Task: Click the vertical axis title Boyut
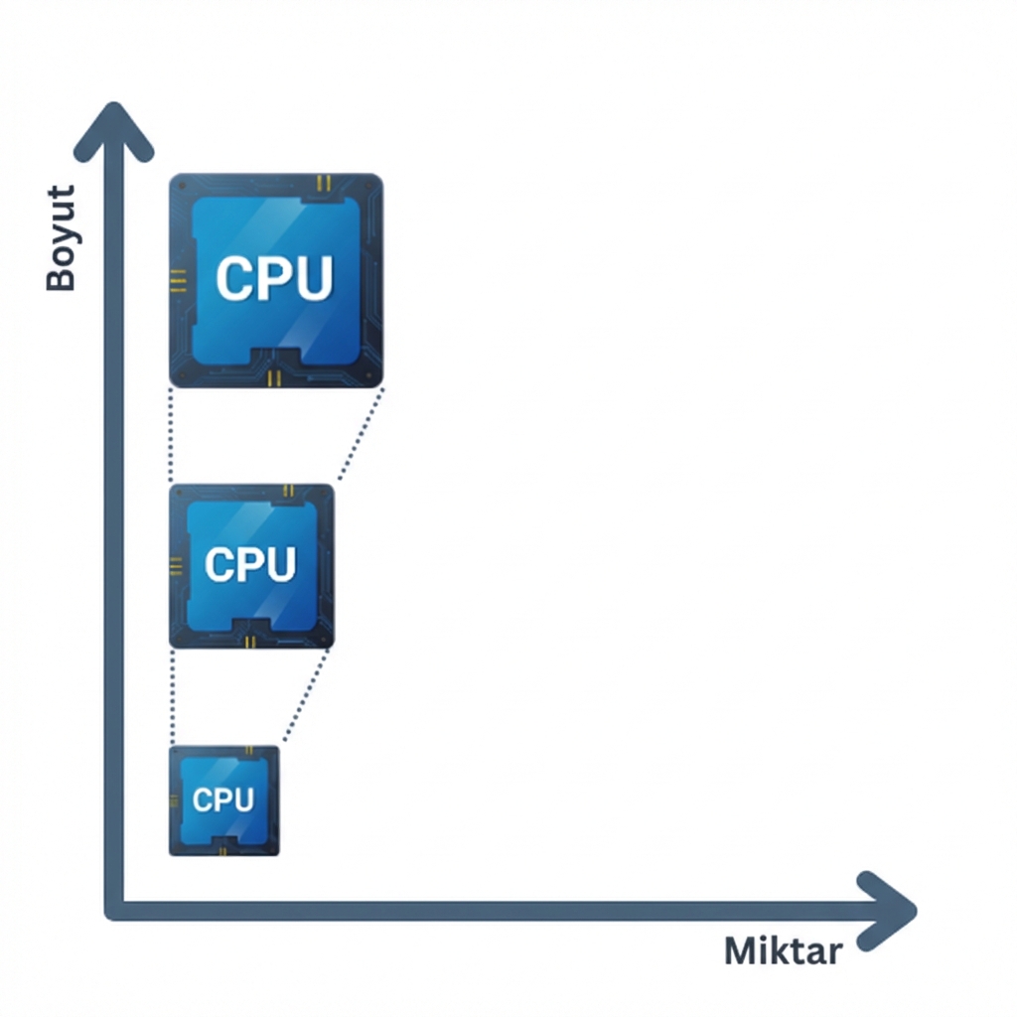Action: click(x=62, y=238)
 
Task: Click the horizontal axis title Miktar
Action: click(x=784, y=950)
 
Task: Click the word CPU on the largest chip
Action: click(x=274, y=279)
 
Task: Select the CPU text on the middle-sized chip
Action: click(x=250, y=564)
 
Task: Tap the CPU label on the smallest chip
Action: click(x=222, y=799)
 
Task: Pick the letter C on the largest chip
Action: click(x=234, y=279)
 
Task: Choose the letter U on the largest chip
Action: click(x=313, y=279)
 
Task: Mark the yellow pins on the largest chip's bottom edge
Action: click(x=275, y=377)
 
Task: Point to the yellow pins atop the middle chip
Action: click(x=288, y=491)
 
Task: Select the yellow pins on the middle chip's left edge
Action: click(x=176, y=564)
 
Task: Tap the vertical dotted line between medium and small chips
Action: click(x=172, y=696)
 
